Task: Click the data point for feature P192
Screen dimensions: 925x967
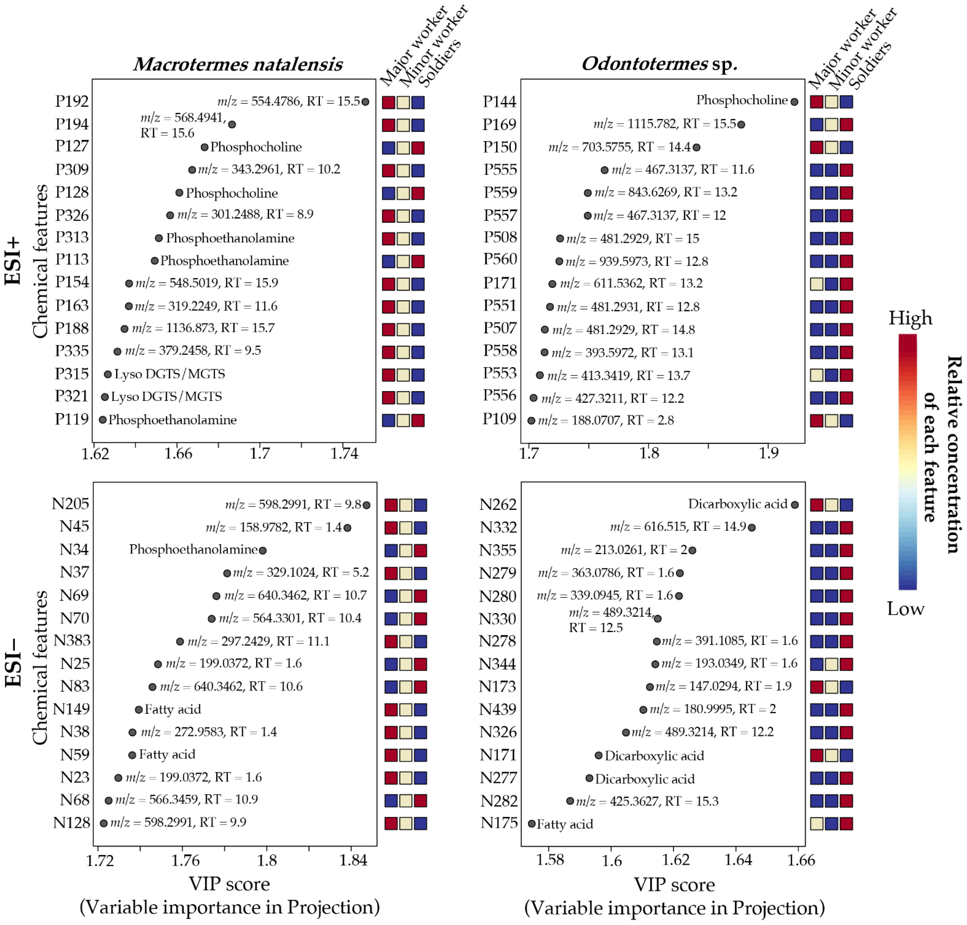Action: pyautogui.click(x=365, y=102)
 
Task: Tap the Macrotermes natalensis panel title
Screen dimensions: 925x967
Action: pyautogui.click(x=238, y=64)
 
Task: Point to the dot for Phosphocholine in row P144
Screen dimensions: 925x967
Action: pyautogui.click(x=794, y=102)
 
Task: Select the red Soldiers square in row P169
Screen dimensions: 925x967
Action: pyautogui.click(x=846, y=124)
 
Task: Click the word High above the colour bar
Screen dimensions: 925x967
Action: pyautogui.click(x=910, y=318)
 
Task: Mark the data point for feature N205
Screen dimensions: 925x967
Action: pyautogui.click(x=366, y=505)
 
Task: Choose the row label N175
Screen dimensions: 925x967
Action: pyautogui.click(x=499, y=823)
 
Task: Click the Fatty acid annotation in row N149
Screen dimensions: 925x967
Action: pyautogui.click(x=172, y=710)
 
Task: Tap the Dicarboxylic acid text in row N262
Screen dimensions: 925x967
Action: pyautogui.click(x=737, y=504)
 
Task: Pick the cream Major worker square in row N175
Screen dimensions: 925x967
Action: pyautogui.click(x=816, y=823)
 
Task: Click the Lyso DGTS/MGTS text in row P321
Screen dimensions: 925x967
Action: pyautogui.click(x=166, y=396)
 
